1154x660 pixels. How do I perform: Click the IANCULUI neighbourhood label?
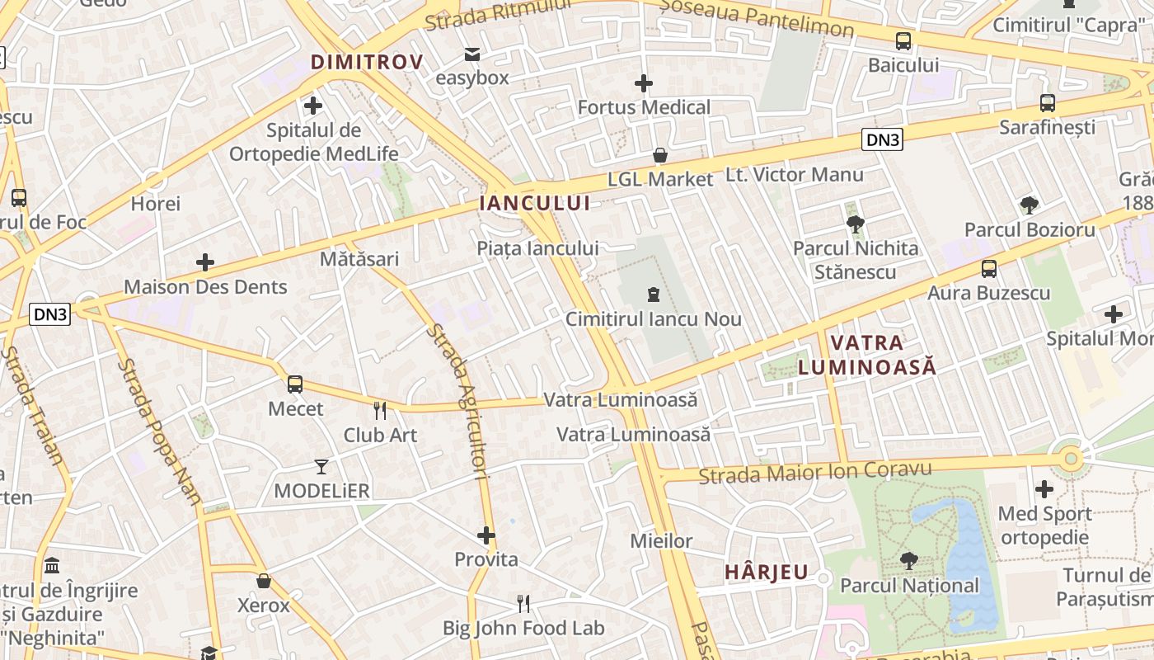pos(535,203)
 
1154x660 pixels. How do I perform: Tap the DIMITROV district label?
pos(367,62)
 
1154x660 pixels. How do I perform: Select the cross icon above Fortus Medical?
pos(644,83)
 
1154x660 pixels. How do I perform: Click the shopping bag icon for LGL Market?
pos(660,155)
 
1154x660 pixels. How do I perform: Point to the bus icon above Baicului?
pos(903,40)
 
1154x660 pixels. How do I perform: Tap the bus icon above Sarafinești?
pos(1047,103)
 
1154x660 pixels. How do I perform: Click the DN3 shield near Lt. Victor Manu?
pos(882,139)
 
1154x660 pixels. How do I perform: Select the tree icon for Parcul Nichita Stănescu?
pos(855,224)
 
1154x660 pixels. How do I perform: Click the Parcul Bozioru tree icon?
pos(1029,205)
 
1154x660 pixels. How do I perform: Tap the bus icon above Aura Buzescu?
pos(989,268)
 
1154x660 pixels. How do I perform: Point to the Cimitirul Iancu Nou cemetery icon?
pos(654,295)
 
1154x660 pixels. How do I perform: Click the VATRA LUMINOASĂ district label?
pos(867,355)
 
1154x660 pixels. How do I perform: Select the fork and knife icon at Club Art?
pos(380,410)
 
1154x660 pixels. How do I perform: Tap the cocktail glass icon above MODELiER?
pos(321,467)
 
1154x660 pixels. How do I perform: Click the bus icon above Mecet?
pos(295,384)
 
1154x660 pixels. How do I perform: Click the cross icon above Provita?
pos(486,535)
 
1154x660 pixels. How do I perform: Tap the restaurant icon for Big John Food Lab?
pos(523,604)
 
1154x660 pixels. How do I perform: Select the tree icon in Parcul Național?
pos(909,561)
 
